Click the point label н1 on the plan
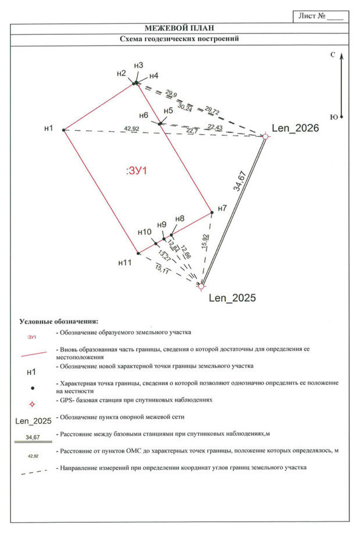(49, 128)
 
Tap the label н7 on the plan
(222, 208)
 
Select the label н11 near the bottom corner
(125, 263)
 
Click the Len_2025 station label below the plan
(232, 298)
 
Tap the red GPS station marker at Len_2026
(265, 137)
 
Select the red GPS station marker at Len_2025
(201, 286)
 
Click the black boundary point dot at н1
(63, 130)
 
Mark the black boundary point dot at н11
(138, 253)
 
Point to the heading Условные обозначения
(59, 321)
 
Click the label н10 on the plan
(145, 232)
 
